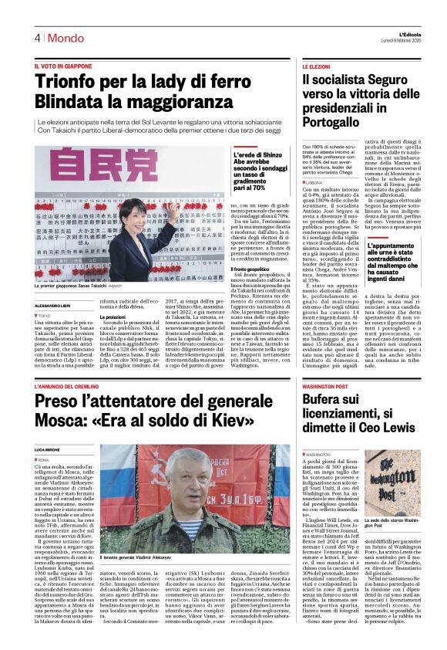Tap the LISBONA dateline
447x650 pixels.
tap(316, 182)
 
